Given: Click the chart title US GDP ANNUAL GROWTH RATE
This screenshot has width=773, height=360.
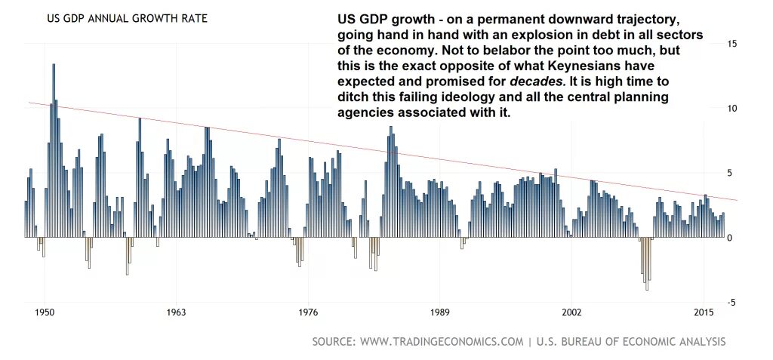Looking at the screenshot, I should click(127, 18).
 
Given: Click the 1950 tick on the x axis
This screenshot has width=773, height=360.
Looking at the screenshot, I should click(45, 312).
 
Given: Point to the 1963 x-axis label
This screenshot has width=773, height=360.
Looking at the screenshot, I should click(176, 312).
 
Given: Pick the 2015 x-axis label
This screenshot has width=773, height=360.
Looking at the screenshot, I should click(704, 312).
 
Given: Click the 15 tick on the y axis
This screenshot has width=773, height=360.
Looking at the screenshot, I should click(731, 44).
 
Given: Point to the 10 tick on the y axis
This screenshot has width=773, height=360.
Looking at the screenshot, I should click(731, 109).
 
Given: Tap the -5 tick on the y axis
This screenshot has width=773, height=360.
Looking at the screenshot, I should click(731, 303).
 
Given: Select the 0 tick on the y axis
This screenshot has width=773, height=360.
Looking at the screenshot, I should click(729, 238).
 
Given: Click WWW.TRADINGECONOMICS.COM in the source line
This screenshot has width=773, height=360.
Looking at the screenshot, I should click(442, 342).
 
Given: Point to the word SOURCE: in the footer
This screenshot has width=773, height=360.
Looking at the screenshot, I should click(334, 342).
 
